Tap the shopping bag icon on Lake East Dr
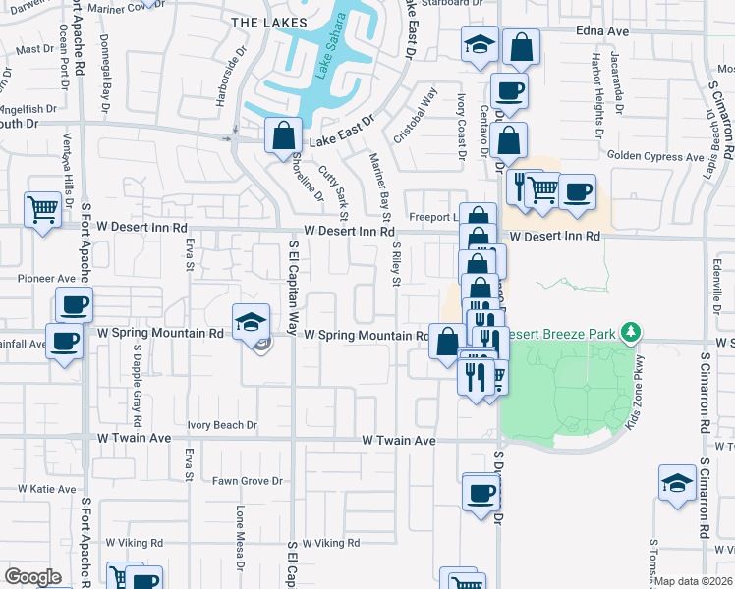point(283,135)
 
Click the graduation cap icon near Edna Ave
point(480,45)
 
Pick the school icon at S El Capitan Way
point(250,321)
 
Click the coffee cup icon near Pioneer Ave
point(74,305)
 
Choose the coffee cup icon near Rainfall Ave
point(65,343)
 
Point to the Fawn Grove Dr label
point(248,481)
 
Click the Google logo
point(32,577)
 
